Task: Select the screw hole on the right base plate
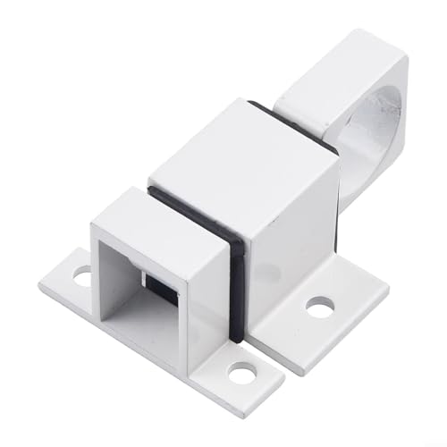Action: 319,307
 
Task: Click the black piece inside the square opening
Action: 160,288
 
